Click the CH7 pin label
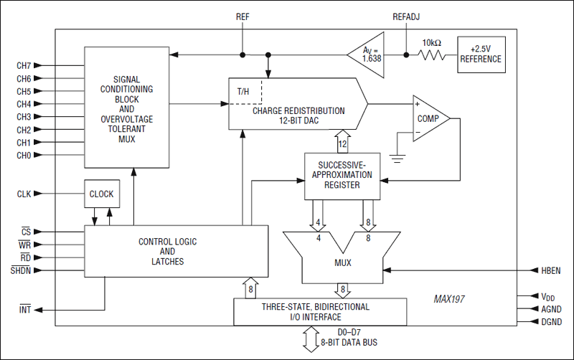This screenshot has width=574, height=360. pyautogui.click(x=24, y=65)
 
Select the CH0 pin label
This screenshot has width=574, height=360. pyautogui.click(x=24, y=156)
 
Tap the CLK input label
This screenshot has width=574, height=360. pyautogui.click(x=24, y=193)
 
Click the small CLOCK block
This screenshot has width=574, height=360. pyautogui.click(x=101, y=194)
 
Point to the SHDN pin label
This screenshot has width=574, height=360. pyautogui.click(x=21, y=270)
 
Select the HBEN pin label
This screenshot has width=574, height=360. pyautogui.click(x=543, y=270)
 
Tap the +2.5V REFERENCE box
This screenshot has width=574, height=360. pyautogui.click(x=481, y=55)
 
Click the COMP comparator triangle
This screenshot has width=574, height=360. pyautogui.click(x=428, y=118)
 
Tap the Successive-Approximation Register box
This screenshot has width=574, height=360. pyautogui.click(x=341, y=175)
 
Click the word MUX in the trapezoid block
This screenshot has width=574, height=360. pyautogui.click(x=342, y=263)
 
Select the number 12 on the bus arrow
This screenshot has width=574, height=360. pyautogui.click(x=343, y=144)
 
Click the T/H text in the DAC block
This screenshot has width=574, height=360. pyautogui.click(x=245, y=92)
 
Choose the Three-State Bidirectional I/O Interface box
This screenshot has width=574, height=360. pyautogui.click(x=320, y=311)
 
